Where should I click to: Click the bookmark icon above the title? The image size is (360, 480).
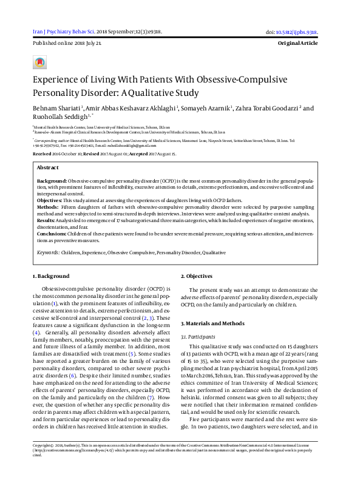tap(40, 62)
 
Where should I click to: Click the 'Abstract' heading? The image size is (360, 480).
tap(48, 167)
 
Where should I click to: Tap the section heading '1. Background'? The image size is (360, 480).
tap(51, 276)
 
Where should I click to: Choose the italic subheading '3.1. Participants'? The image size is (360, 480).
tap(198, 336)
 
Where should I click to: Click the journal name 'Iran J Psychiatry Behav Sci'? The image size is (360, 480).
tap(64, 32)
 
